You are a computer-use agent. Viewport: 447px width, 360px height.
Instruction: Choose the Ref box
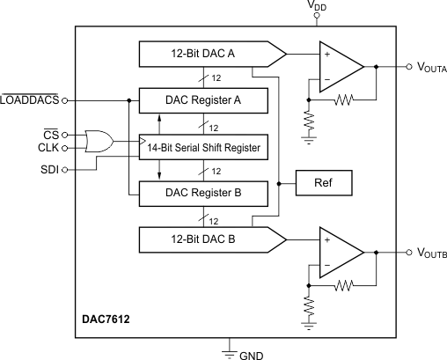[x=323, y=183]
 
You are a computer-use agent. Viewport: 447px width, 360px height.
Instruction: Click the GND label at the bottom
[x=252, y=354]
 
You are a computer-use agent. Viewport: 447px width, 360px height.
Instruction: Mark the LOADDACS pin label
[x=30, y=99]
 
